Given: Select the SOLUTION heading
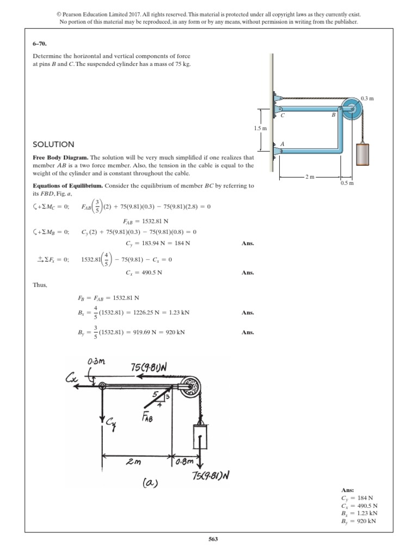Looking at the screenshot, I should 53,144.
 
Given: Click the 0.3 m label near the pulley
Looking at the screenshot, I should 367,98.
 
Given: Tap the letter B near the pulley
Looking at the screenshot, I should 333,115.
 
